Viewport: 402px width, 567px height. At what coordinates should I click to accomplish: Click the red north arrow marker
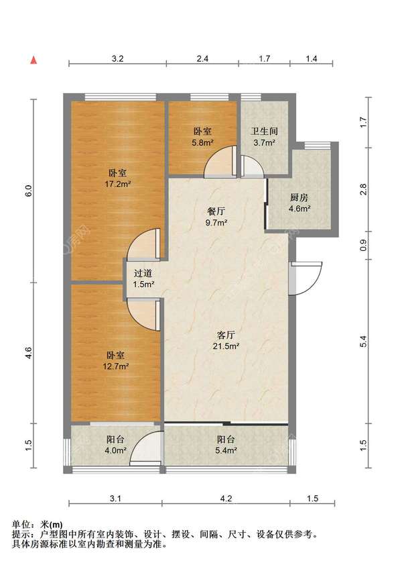tap(33, 60)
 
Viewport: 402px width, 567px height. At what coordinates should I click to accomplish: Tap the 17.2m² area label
tap(118, 184)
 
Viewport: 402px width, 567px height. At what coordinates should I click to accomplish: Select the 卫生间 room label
tap(265, 132)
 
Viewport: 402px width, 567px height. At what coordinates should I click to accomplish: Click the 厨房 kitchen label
tap(299, 198)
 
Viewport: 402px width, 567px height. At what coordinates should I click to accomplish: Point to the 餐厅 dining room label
tap(216, 211)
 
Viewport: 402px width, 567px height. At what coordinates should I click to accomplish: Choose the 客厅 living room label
tap(226, 335)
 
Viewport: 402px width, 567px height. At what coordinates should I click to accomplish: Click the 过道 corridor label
tap(143, 274)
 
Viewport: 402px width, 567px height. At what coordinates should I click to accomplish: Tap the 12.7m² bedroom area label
tap(116, 366)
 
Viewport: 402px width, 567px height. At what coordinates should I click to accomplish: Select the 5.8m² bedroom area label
tap(202, 142)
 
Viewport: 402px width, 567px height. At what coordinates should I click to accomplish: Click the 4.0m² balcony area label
tap(116, 450)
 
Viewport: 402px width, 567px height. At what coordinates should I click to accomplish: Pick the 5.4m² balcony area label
tap(226, 450)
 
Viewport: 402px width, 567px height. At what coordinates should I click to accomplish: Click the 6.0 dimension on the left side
tap(29, 191)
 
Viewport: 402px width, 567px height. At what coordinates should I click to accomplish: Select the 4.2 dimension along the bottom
tap(226, 499)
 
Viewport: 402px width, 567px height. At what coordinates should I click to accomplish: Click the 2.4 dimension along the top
tap(202, 58)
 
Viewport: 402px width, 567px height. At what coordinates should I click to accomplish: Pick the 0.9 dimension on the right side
tap(364, 246)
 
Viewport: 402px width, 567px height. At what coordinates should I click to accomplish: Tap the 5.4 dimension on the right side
tap(364, 342)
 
